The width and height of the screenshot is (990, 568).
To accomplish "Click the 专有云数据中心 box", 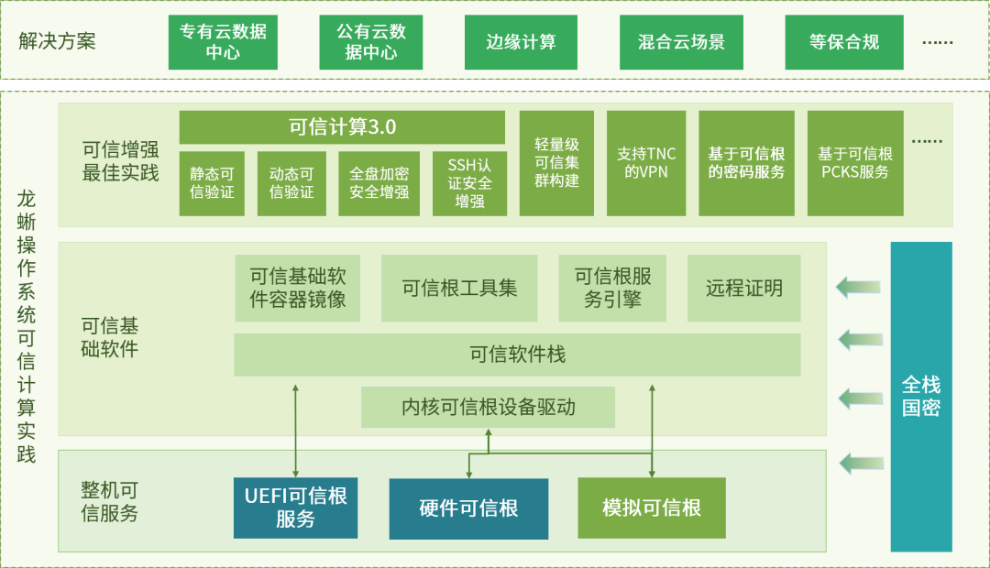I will [x=223, y=42].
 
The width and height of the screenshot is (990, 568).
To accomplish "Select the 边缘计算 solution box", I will [x=521, y=42].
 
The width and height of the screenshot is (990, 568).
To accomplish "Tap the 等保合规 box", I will [x=843, y=42].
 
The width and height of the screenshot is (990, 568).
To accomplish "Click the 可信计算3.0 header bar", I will [x=342, y=127].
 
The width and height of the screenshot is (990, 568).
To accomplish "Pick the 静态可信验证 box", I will [x=212, y=183].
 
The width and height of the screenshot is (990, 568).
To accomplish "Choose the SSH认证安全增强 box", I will [x=469, y=183].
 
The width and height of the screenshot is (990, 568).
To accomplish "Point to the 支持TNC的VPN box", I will [x=646, y=163].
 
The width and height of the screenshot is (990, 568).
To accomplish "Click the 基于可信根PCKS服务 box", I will [x=854, y=163].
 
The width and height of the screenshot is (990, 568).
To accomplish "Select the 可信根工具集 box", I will [x=459, y=288].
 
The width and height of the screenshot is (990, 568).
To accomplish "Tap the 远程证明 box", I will [x=743, y=288].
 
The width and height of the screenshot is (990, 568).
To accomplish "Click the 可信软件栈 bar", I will [x=517, y=355].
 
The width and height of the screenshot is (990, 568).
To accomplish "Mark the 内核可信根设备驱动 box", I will [x=488, y=407].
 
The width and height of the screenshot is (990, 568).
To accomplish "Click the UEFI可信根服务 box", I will [x=295, y=508].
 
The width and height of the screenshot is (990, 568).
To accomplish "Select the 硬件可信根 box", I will [x=468, y=508].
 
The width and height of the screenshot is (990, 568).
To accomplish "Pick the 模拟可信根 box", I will [x=651, y=508].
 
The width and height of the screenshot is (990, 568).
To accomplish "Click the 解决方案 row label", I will [x=57, y=42].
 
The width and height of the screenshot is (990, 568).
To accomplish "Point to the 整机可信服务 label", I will [x=109, y=502].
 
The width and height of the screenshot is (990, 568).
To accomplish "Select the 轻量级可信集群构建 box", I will [x=556, y=163].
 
